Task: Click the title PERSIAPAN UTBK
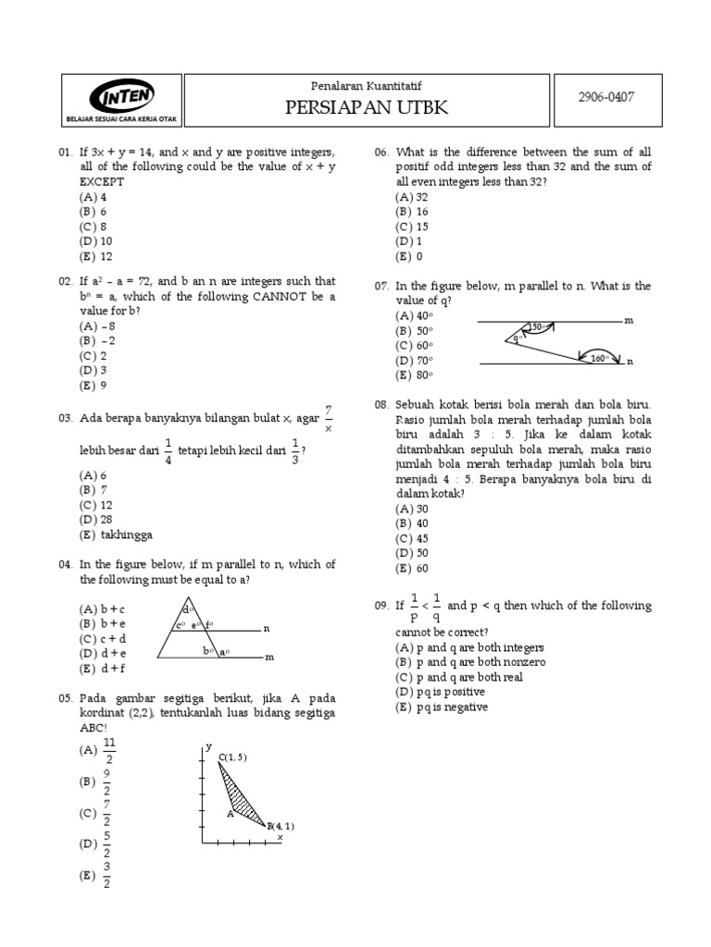(x=367, y=108)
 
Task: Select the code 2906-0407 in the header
(x=605, y=96)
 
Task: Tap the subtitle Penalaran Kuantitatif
(x=367, y=84)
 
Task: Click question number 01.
(x=65, y=152)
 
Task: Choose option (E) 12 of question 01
(x=94, y=257)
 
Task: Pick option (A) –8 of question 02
(x=97, y=326)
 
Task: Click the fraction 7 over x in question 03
(x=328, y=419)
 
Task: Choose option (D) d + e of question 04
(x=103, y=654)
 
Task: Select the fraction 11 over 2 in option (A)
(x=109, y=752)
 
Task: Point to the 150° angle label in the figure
(x=536, y=326)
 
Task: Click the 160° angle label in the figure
(x=599, y=358)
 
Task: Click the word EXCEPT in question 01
(x=102, y=182)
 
